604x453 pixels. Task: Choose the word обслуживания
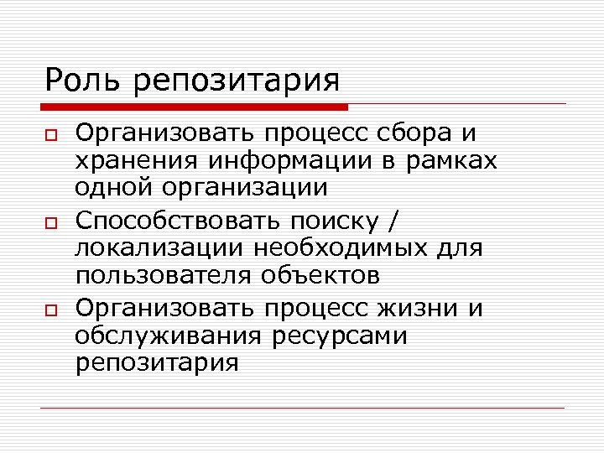(x=168, y=336)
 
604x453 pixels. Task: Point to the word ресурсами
(x=340, y=336)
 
